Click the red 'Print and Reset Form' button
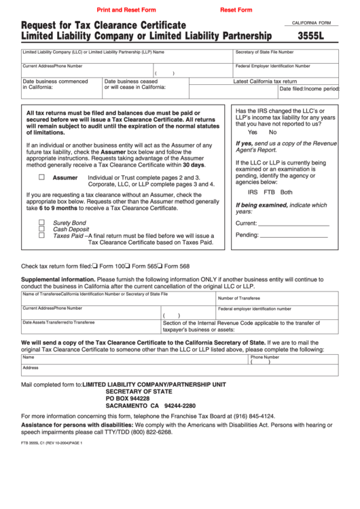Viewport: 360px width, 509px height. [x=126, y=10]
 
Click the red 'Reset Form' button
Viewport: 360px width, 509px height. [x=236, y=10]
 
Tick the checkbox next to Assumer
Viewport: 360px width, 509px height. [x=41, y=177]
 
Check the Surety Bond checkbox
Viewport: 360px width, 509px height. [x=41, y=222]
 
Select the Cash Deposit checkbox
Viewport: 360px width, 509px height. [x=41, y=229]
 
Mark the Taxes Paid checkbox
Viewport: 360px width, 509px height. [x=41, y=236]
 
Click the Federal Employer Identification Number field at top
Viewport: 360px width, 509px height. [x=285, y=71]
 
